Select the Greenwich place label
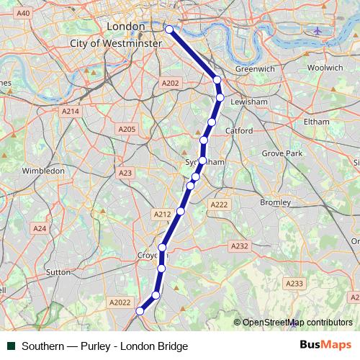click(x=255, y=69)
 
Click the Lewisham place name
click(x=248, y=102)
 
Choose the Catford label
click(x=238, y=131)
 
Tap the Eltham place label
click(x=316, y=122)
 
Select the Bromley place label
click(x=275, y=202)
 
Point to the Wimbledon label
click(x=43, y=171)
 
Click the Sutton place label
click(x=58, y=272)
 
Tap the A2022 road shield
click(x=120, y=304)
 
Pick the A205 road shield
click(x=126, y=129)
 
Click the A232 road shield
click(x=239, y=246)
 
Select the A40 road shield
click(x=23, y=14)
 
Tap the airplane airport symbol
click(x=318, y=31)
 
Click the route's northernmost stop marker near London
click(x=169, y=30)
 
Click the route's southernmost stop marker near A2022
click(x=140, y=311)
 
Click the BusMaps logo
click(x=326, y=346)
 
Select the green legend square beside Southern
click(x=12, y=346)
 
